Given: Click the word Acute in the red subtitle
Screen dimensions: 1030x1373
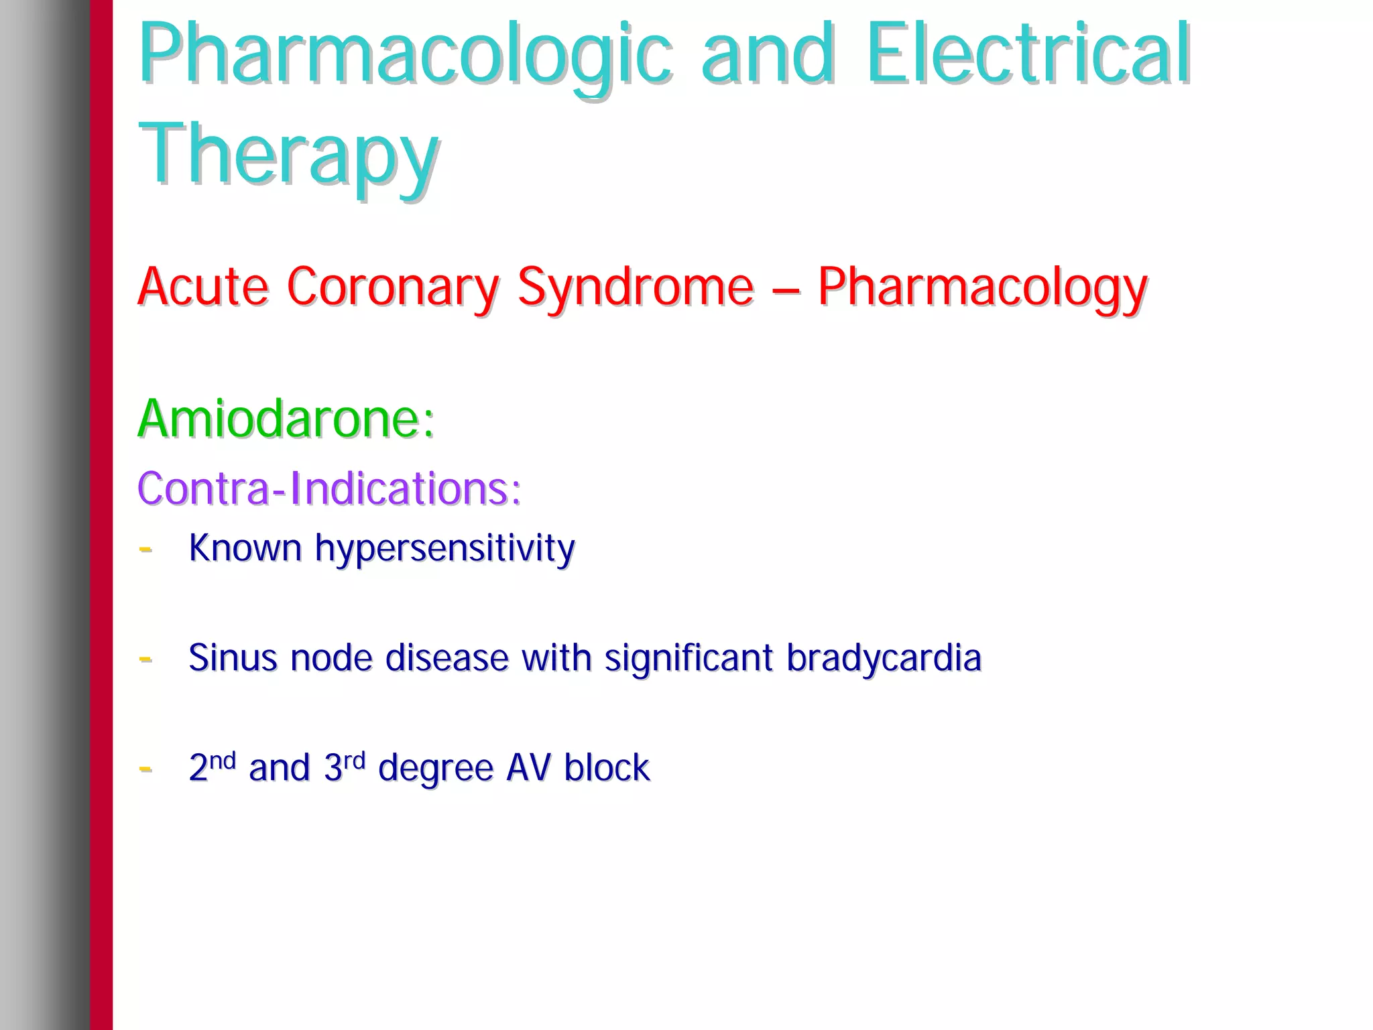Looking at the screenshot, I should pyautogui.click(x=203, y=287).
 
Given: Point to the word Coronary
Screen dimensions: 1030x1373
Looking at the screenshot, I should pyautogui.click(x=393, y=287).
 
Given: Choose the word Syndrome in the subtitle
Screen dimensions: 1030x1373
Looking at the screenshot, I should pyautogui.click(x=636, y=287).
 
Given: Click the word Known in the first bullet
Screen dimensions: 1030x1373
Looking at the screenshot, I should pyautogui.click(x=245, y=548).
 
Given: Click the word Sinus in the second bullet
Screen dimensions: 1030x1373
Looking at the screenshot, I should pyautogui.click(x=233, y=657).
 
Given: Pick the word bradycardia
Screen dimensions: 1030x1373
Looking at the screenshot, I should pyautogui.click(x=884, y=659).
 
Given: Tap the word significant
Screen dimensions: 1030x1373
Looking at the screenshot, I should pyautogui.click(x=689, y=659).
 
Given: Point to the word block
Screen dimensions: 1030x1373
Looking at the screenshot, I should pyautogui.click(x=607, y=767).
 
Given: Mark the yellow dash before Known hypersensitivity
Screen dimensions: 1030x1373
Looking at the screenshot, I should pyautogui.click(x=145, y=550).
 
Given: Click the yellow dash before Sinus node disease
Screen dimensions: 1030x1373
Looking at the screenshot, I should pyautogui.click(x=145, y=659).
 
